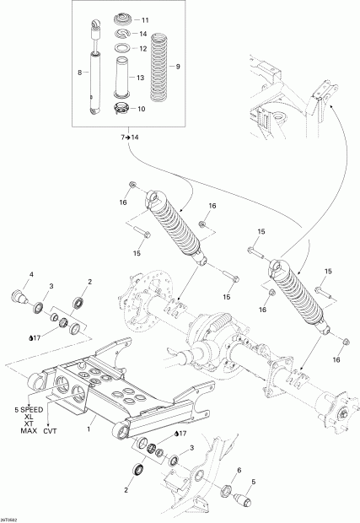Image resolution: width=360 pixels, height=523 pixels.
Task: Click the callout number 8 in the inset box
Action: [x=79, y=73]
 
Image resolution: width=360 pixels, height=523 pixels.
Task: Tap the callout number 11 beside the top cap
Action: [x=144, y=19]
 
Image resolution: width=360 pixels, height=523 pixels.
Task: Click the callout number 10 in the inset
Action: [x=141, y=109]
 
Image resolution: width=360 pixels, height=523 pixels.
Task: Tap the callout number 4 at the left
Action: [x=32, y=274]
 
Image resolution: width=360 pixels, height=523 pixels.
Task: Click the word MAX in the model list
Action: [x=29, y=431]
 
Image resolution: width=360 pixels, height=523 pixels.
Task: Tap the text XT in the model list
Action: [x=28, y=423]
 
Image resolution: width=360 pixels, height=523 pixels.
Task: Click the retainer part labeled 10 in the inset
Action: [x=120, y=107]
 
